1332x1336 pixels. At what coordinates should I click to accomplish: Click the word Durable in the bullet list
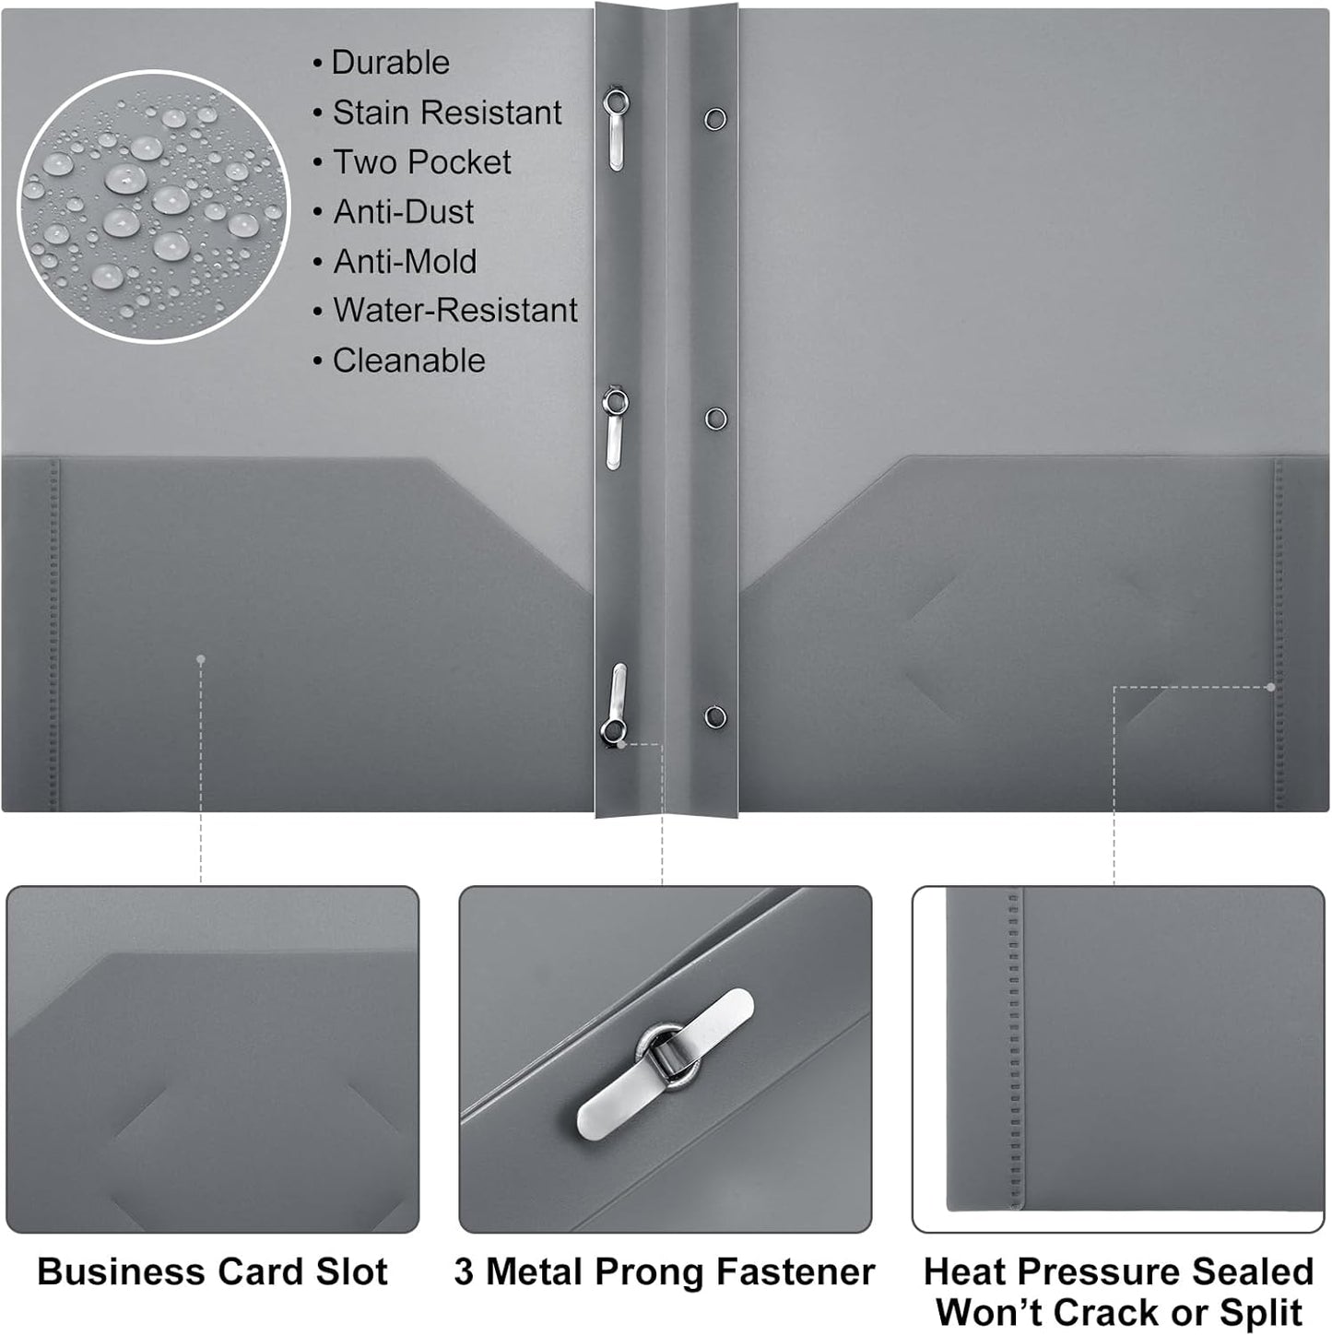[x=390, y=63]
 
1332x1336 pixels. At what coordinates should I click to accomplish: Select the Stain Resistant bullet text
[x=446, y=112]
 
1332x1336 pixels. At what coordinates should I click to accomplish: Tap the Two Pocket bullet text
[x=421, y=162]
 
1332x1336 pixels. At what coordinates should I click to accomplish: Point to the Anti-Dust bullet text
[x=403, y=212]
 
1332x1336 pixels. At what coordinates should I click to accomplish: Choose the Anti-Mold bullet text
[x=405, y=262]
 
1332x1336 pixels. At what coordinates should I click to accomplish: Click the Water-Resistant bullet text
[x=454, y=311]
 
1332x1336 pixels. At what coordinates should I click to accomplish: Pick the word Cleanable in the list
[x=408, y=361]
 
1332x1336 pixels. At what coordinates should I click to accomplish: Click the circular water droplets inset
[x=153, y=205]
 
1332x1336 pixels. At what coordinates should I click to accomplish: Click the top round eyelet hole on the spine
[x=715, y=118]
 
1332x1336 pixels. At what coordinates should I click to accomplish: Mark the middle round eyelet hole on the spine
[x=715, y=419]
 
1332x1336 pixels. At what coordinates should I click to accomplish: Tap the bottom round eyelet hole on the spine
[x=715, y=716]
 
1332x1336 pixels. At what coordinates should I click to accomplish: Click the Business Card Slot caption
[x=212, y=1271]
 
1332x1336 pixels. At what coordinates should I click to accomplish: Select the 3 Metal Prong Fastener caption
[x=664, y=1271]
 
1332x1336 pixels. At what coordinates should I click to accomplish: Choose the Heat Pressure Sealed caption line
[x=1118, y=1271]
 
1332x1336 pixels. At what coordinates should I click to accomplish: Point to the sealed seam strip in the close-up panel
[x=1014, y=1051]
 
